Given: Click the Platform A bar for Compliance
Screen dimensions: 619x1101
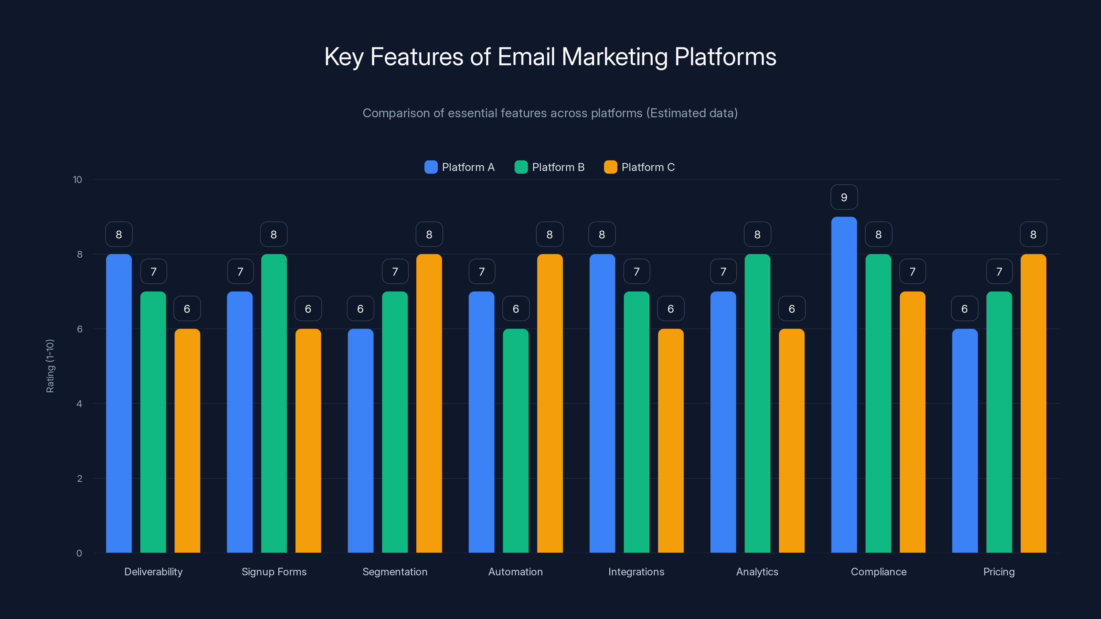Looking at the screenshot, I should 844,384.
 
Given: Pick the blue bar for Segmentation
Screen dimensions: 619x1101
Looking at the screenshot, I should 360,441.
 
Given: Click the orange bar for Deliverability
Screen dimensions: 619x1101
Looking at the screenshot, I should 187,441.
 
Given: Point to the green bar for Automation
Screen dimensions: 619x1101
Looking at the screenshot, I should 515,441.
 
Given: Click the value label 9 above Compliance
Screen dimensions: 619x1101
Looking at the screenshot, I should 844,197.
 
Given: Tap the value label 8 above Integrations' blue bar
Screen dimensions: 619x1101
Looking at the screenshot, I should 602,235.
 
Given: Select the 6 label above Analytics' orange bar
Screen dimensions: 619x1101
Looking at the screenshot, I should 792,309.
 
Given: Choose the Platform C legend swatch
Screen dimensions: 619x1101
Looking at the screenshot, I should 610,167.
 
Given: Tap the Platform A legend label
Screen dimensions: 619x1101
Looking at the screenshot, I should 468,167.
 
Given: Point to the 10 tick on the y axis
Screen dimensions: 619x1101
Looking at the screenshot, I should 77,180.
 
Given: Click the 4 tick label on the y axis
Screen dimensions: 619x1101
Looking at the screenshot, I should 79,404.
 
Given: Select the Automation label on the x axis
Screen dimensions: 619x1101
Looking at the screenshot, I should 515,572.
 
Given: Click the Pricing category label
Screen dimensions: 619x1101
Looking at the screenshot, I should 999,572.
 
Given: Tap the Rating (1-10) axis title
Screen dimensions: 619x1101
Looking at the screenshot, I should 50,366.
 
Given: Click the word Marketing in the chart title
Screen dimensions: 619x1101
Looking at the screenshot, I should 614,57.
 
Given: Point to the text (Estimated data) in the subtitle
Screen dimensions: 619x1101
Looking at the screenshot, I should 692,113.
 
